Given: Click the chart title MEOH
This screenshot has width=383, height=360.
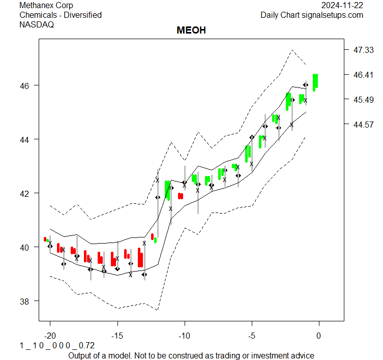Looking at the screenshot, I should point(191,31).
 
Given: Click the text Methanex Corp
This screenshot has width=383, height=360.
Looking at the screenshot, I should point(46,5).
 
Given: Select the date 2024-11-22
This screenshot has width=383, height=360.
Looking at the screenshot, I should point(342,5).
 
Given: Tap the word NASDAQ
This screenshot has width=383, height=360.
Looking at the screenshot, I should point(37,25).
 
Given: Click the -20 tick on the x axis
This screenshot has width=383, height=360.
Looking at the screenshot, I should point(50,336).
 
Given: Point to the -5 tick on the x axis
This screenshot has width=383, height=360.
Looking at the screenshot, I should point(251,336).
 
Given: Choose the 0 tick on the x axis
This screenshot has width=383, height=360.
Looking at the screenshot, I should point(319,336).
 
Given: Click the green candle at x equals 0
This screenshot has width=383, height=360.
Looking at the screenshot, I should point(315,82).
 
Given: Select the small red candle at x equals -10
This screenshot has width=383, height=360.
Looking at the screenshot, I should point(181,196).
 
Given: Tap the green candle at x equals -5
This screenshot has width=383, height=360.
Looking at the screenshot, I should point(248,154).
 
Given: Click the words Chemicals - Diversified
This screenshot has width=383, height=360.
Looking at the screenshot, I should point(61,15).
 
